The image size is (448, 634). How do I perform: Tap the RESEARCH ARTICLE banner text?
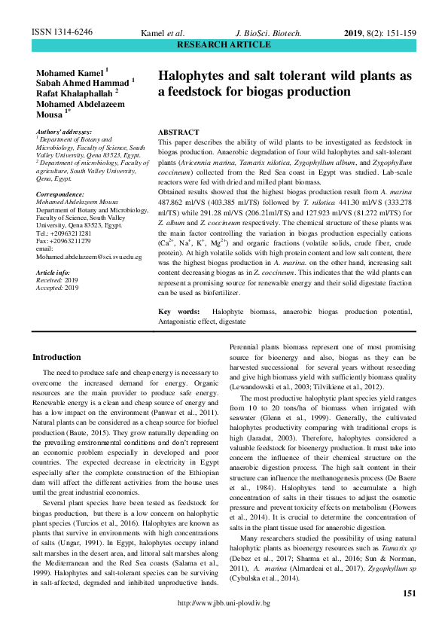coord(224,45)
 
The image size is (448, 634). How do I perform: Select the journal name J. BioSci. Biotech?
coord(269,34)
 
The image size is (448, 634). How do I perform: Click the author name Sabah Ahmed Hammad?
coord(83,81)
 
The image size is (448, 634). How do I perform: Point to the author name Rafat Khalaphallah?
coord(80,93)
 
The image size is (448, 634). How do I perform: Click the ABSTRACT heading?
coord(178,132)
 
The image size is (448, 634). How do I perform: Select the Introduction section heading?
coord(67,357)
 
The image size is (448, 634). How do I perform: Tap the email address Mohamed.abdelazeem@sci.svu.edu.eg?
coord(89,257)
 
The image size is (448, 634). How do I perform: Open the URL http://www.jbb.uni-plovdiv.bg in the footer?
coord(224,625)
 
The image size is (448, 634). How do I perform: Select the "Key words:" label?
coord(179,311)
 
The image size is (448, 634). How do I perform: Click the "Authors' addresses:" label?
coord(63,131)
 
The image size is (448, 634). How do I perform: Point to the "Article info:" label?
coord(55,271)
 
